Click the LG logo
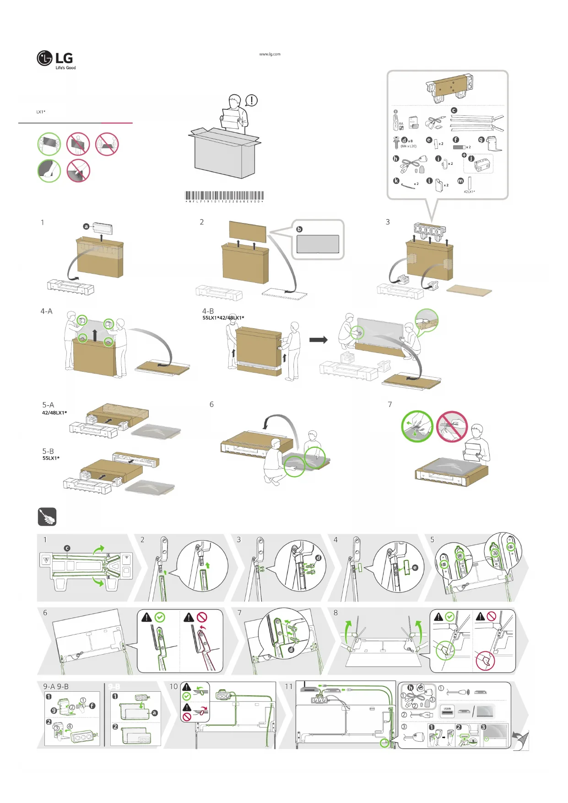pyautogui.click(x=55, y=59)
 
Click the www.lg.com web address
pyautogui.click(x=270, y=54)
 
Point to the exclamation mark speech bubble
pyautogui.click(x=252, y=100)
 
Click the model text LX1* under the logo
pyautogui.click(x=41, y=112)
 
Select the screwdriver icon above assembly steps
pyautogui.click(x=47, y=517)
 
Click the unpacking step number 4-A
pyautogui.click(x=46, y=311)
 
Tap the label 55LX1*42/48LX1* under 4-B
pyautogui.click(x=223, y=318)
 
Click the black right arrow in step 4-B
pyautogui.click(x=319, y=340)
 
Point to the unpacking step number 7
pyautogui.click(x=390, y=404)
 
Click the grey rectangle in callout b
pyautogui.click(x=318, y=244)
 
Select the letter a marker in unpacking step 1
pyautogui.click(x=86, y=226)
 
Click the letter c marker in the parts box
pyautogui.click(x=454, y=110)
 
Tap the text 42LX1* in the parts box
pyautogui.click(x=469, y=192)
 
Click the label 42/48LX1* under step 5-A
pyautogui.click(x=54, y=412)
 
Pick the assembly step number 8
pyautogui.click(x=335, y=613)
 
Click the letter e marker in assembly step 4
pyautogui.click(x=415, y=568)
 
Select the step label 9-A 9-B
pyautogui.click(x=56, y=686)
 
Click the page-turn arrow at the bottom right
pyautogui.click(x=521, y=740)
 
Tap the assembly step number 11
pyautogui.click(x=288, y=686)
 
